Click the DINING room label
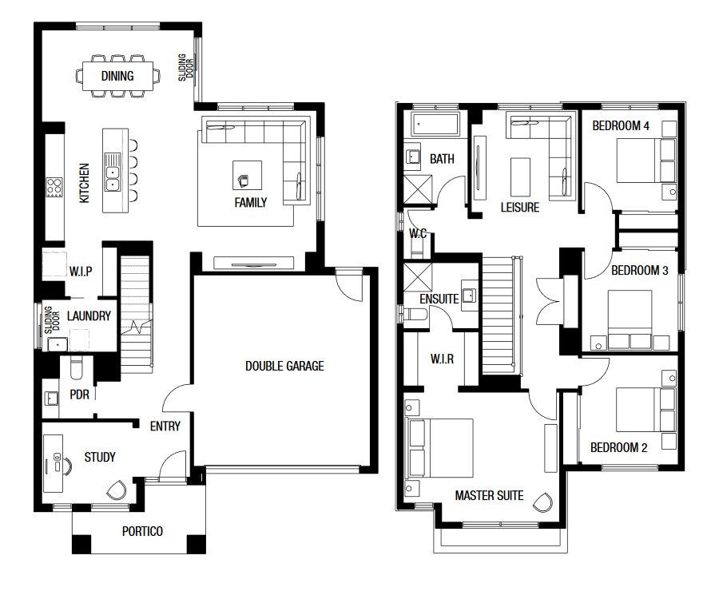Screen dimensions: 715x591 coord(117,76)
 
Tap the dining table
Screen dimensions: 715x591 coord(117,76)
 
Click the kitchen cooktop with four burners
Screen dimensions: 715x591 coord(54,187)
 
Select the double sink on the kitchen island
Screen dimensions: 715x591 coord(112,172)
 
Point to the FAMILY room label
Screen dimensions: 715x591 coord(250,203)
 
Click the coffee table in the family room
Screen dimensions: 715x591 coord(247,175)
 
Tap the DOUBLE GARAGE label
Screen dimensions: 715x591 coord(284,366)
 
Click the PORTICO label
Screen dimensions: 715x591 coord(142,531)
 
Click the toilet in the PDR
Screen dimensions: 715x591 coord(76,368)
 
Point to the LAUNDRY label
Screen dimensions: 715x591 coord(89,316)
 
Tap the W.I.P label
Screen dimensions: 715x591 coord(81,272)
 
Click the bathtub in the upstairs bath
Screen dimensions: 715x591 coord(435,124)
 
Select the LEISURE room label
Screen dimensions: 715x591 coord(520,208)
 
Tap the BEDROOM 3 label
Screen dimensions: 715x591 coord(639,271)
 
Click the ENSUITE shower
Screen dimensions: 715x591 coord(418,277)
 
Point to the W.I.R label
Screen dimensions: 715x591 coord(442,359)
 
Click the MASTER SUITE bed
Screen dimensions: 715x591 coord(439,448)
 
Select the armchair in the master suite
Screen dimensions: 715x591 coord(542,502)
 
